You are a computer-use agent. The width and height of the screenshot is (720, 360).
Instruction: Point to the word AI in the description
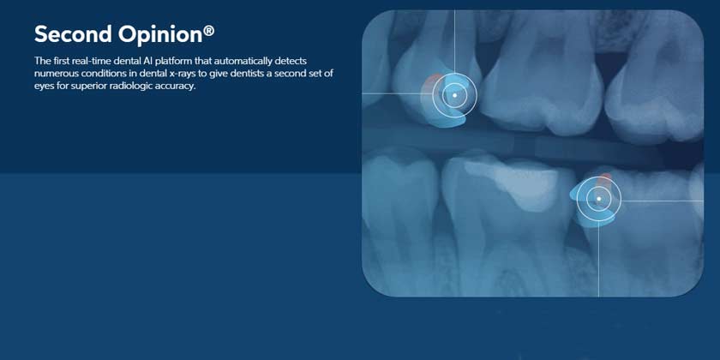point(150,61)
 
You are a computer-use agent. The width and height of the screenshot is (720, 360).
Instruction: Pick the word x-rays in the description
point(183,73)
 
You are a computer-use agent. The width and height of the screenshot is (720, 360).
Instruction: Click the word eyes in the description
point(44,85)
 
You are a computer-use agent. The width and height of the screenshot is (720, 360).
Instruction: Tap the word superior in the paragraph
point(88,85)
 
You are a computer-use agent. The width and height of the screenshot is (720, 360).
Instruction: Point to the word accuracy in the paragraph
point(178,85)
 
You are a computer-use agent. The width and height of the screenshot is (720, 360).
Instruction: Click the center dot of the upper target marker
point(454,94)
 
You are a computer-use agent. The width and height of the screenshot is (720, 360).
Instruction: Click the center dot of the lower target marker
point(598,199)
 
